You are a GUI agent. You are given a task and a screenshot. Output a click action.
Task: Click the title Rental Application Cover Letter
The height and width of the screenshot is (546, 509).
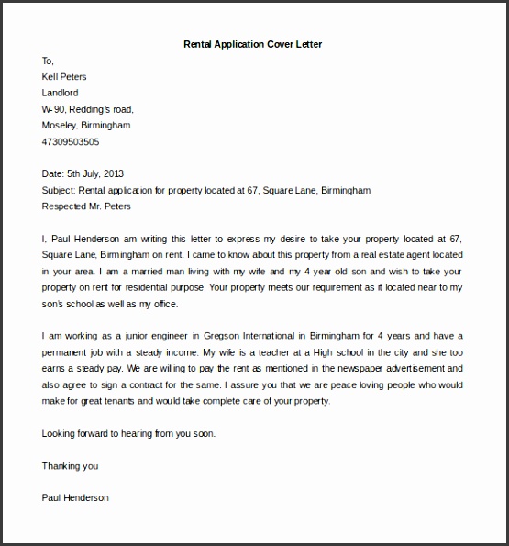(x=253, y=43)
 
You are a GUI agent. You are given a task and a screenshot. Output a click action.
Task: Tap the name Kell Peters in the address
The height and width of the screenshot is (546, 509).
(x=65, y=76)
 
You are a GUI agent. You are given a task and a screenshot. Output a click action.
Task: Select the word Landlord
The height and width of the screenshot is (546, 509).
(x=61, y=93)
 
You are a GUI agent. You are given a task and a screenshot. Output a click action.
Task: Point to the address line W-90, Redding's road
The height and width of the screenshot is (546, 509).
(x=87, y=109)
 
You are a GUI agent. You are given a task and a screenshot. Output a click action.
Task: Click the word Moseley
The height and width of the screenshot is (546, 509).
(x=60, y=125)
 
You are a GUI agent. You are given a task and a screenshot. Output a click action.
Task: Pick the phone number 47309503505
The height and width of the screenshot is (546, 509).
(x=71, y=141)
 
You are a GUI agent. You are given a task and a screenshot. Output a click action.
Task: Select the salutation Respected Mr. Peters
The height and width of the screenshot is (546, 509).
(x=88, y=206)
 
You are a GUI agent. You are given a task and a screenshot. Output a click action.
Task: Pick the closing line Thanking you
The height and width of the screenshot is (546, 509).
(x=70, y=465)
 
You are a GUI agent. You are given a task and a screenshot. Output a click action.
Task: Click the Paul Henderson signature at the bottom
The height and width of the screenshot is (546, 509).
(x=75, y=497)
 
